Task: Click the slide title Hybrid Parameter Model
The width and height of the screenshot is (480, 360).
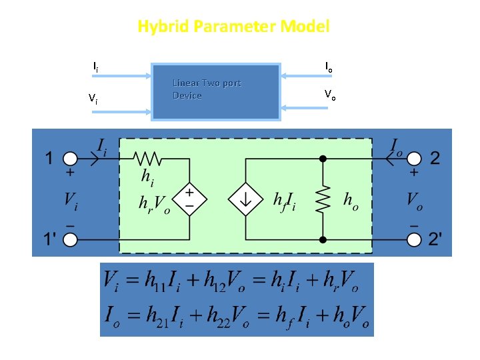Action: pos(233,27)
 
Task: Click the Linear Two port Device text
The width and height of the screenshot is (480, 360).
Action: pos(206,89)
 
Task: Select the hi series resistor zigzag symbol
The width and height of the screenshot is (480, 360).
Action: pos(147,159)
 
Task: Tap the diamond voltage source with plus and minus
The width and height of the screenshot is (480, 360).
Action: pos(189,198)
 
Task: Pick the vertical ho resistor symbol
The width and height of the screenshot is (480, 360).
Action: pos(323,198)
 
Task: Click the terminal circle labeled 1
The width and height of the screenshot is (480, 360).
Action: pos(70,159)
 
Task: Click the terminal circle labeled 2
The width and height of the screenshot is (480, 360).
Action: pos(414,159)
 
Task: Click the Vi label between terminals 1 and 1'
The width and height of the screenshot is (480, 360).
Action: pos(71,199)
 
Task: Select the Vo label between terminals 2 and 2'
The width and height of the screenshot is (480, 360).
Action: pos(415,199)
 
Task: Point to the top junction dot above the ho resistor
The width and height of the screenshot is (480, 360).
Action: pos(323,159)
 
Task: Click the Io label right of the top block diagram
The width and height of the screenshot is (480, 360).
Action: pos(329,67)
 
